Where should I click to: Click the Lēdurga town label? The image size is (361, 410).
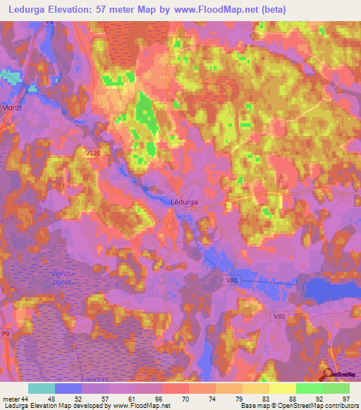[x=184, y=201]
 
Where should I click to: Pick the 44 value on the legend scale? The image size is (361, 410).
[x=26, y=399]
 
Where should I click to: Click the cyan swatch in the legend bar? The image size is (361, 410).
[x=41, y=388]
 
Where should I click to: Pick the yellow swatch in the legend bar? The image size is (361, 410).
[x=282, y=388]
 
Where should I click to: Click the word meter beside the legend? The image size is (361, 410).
[x=11, y=399]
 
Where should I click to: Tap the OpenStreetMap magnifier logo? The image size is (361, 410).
[x=328, y=373]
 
